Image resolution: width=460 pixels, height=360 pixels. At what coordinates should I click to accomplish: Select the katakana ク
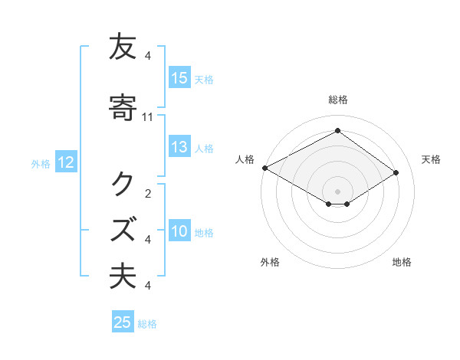(x=123, y=184)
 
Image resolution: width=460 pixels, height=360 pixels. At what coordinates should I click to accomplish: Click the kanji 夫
(x=123, y=276)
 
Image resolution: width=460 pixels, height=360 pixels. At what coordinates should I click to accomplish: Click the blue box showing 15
(x=179, y=78)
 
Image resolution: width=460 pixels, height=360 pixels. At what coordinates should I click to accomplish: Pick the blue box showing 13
(x=179, y=148)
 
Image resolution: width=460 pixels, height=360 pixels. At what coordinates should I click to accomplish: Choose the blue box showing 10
(x=179, y=232)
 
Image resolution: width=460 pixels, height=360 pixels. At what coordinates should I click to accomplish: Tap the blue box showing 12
(x=65, y=162)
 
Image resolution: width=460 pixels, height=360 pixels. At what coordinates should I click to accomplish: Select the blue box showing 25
(x=123, y=322)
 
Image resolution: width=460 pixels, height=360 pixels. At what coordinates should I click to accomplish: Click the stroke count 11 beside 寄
(x=148, y=117)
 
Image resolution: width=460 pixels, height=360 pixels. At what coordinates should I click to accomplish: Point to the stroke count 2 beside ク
(x=148, y=193)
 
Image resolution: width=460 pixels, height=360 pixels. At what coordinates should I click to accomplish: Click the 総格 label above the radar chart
(x=338, y=100)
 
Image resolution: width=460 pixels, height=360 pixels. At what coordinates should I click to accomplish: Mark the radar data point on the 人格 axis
(x=264, y=167)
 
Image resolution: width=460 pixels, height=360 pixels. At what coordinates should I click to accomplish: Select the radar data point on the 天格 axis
(x=396, y=172)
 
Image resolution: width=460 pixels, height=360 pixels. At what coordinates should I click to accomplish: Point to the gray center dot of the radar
(x=338, y=191)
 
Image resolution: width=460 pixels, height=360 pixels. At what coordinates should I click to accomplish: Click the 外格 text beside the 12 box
(x=41, y=163)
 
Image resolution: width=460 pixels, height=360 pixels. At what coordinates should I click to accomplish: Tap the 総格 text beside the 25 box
(x=147, y=324)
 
